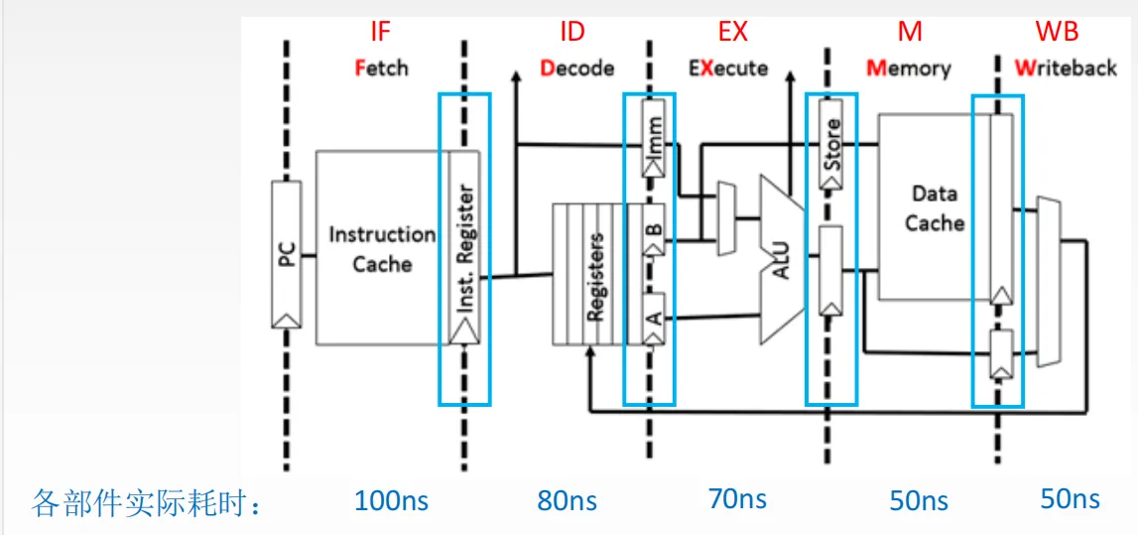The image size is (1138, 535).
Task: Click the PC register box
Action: coord(286,255)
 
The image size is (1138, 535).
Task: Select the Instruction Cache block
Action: coord(382,248)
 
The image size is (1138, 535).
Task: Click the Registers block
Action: coord(591,275)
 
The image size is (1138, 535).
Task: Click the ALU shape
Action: coord(782,256)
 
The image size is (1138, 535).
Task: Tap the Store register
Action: coord(831,144)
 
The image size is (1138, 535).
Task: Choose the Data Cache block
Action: coord(935,208)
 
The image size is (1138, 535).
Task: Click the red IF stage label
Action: coord(381,32)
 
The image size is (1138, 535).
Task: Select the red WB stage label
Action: coord(1058,32)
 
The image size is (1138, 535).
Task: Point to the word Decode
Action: coord(577,68)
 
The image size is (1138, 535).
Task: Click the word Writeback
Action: coord(1066,68)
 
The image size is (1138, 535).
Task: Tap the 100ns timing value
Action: coord(391,499)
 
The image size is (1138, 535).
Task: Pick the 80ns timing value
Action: coord(567,499)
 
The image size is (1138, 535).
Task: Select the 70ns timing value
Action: coord(737,497)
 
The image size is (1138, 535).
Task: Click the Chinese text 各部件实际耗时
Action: coord(148,502)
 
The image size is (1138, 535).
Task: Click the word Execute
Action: coord(729,68)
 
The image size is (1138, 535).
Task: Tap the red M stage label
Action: coord(910,32)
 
